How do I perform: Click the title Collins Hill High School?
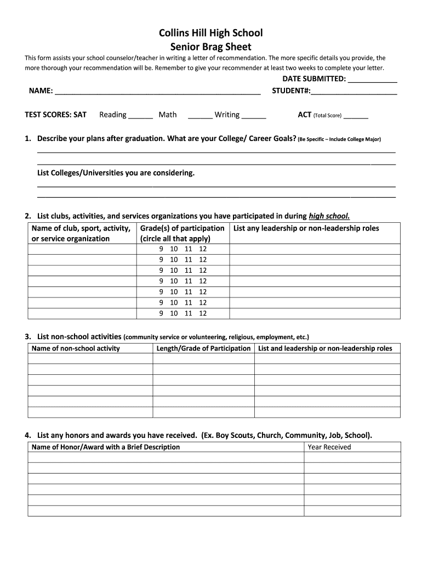(211, 33)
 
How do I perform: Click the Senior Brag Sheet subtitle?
(211, 47)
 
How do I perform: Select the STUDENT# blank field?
(353, 92)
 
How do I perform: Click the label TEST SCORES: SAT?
(56, 115)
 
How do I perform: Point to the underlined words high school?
(329, 216)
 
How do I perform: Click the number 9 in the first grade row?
(162, 249)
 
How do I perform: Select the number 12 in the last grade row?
(203, 313)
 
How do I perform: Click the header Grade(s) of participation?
(183, 228)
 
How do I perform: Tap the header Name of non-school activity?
(76, 349)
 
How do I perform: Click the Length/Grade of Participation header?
(203, 349)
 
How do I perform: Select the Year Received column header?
(329, 447)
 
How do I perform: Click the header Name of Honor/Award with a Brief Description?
(106, 447)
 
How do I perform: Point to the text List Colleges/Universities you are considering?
(116, 173)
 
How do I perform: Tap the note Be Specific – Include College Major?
(340, 139)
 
